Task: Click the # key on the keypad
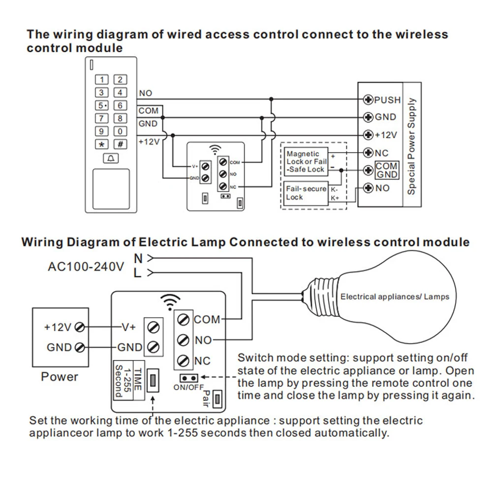[120, 144]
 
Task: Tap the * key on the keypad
[101, 144]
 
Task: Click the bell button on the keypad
[110, 158]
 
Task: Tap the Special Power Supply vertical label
[412, 146]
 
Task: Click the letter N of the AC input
[138, 257]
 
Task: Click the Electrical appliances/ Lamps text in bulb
[395, 297]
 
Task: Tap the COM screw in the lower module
[183, 320]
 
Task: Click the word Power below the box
[60, 377]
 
